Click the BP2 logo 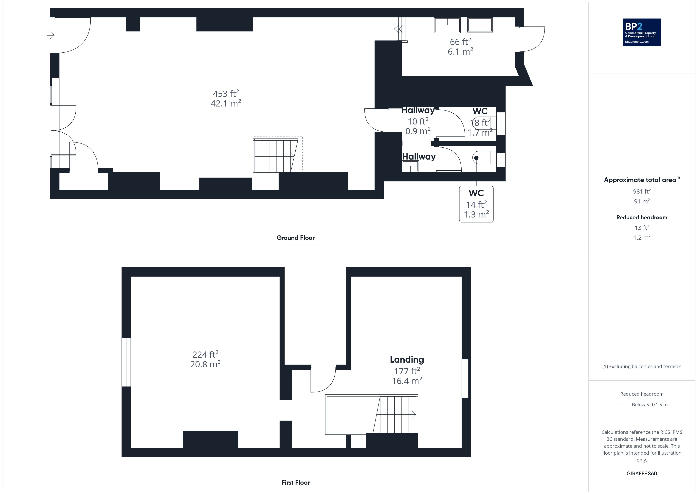pyautogui.click(x=642, y=32)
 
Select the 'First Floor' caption pyautogui.click(x=296, y=483)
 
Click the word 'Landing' pyautogui.click(x=407, y=360)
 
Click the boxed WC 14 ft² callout pyautogui.click(x=476, y=204)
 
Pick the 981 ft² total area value pyautogui.click(x=642, y=191)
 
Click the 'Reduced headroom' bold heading pyautogui.click(x=642, y=218)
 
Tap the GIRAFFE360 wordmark pyautogui.click(x=642, y=474)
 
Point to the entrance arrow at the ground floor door pyautogui.click(x=50, y=36)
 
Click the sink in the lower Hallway pyautogui.click(x=410, y=166)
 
